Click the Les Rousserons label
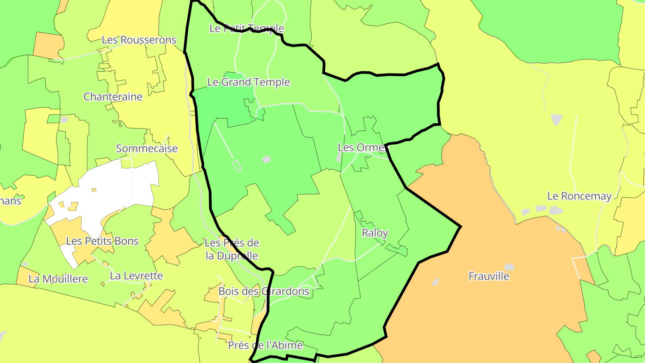click(139, 40)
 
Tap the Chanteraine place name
click(113, 97)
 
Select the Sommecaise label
click(147, 149)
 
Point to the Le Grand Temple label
click(249, 82)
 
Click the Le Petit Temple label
click(246, 29)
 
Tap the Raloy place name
click(375, 233)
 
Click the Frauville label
click(489, 277)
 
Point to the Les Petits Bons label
click(102, 241)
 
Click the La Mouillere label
click(58, 279)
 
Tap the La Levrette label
click(136, 276)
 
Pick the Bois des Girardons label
click(264, 292)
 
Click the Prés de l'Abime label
click(265, 346)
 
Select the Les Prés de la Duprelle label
click(232, 250)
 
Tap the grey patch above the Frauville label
click(509, 267)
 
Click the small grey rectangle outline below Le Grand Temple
click(237, 166)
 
